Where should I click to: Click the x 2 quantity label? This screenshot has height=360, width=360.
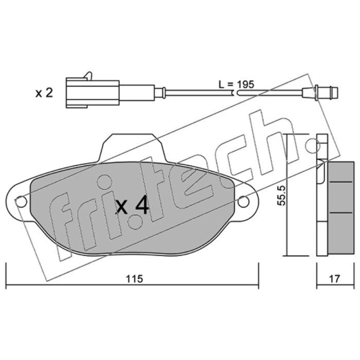point(44,93)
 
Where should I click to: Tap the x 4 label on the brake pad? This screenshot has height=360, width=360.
point(132,206)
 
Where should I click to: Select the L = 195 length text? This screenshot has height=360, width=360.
point(236,85)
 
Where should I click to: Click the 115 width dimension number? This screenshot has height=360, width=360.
point(134,279)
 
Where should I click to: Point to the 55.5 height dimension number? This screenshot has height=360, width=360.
point(281,195)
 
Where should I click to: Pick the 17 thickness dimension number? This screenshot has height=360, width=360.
point(334,279)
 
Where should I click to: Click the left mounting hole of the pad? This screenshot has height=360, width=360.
point(21,202)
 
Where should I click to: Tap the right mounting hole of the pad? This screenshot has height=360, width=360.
point(243,201)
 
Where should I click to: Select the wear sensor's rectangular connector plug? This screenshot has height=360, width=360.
point(93,93)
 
